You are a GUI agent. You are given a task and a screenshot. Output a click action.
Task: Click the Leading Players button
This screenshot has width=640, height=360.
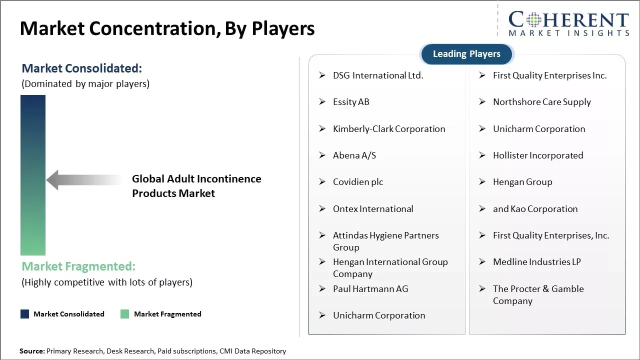click(x=466, y=54)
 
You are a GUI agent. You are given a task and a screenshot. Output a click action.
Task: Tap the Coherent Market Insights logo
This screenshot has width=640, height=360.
click(x=568, y=23)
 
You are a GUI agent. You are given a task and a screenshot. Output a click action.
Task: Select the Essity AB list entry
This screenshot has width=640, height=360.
click(x=351, y=102)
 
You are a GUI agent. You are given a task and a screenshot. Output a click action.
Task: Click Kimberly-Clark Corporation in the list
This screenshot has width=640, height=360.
click(x=388, y=129)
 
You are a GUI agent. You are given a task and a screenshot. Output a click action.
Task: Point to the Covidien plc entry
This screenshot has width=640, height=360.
click(x=357, y=182)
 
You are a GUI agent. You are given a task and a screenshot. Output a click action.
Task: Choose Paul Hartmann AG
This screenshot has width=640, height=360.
click(x=370, y=289)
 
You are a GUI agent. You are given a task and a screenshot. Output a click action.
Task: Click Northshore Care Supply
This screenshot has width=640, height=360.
click(x=541, y=102)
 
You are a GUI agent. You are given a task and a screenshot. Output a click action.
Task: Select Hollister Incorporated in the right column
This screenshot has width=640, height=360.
click(x=537, y=155)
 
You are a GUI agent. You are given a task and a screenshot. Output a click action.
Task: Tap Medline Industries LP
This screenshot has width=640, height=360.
click(x=536, y=262)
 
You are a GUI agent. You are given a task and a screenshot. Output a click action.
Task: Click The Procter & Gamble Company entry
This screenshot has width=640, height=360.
click(x=537, y=294)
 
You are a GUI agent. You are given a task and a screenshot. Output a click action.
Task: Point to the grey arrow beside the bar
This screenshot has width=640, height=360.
click(x=82, y=180)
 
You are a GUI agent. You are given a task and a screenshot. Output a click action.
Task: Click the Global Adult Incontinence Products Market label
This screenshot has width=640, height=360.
click(x=196, y=186)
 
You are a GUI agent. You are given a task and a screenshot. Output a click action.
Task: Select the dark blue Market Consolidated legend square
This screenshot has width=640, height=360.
click(x=24, y=314)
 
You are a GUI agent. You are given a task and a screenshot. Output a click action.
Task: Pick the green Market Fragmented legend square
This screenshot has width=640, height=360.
click(x=125, y=314)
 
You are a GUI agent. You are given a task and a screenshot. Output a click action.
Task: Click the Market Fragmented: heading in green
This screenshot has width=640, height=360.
click(x=78, y=266)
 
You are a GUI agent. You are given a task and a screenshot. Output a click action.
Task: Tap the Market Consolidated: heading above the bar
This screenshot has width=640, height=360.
click(x=82, y=68)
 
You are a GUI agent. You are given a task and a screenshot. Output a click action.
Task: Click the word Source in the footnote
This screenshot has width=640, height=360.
click(x=31, y=351)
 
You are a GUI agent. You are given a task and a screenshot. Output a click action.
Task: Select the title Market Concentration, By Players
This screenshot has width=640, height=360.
click(x=167, y=28)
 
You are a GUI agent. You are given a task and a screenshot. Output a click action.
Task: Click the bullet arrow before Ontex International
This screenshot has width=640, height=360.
click(x=322, y=208)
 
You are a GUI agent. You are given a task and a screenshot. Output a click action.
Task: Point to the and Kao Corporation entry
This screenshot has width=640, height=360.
click(x=535, y=209)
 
